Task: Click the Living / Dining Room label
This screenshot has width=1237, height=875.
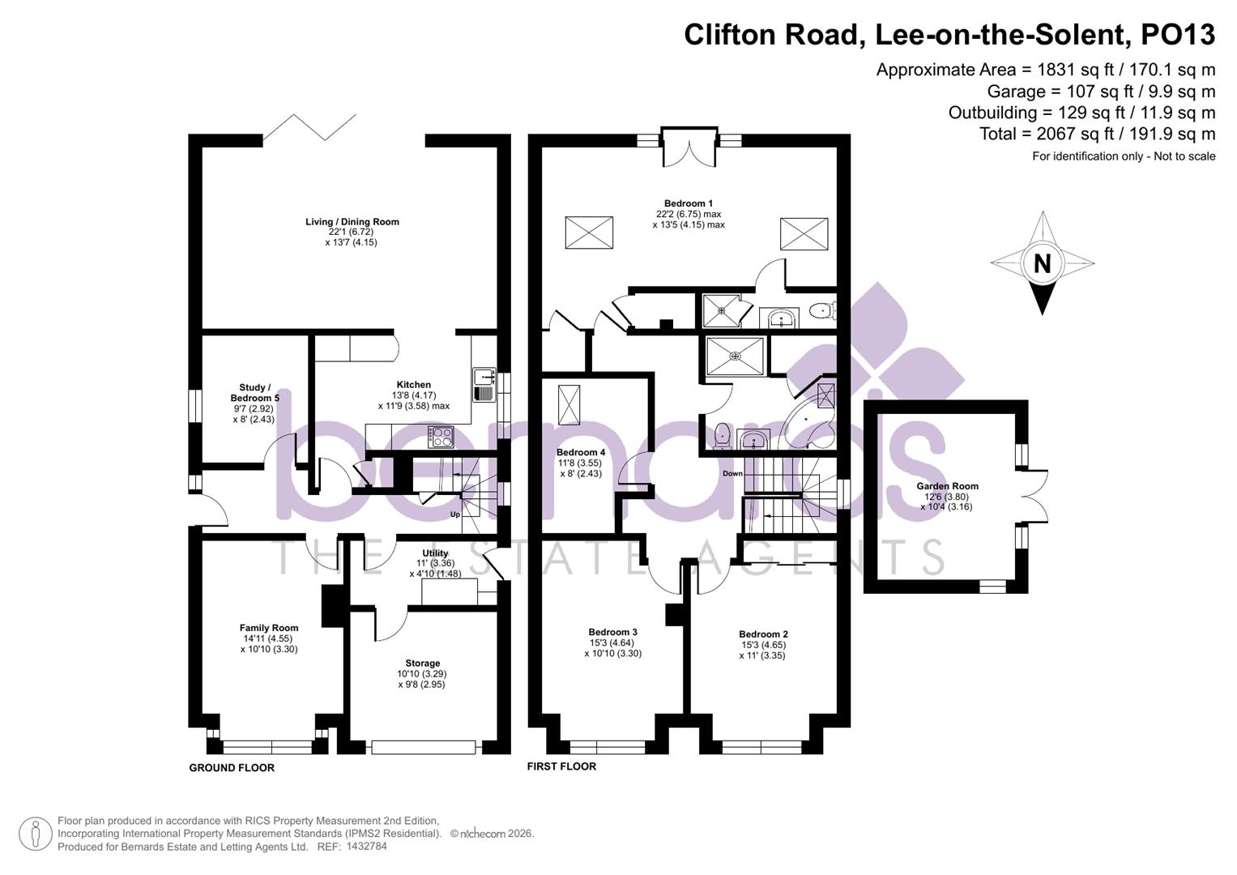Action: pos(352,222)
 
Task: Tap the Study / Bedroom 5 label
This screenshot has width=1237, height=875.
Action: pos(254,393)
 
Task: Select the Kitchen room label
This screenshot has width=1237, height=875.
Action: pos(413,385)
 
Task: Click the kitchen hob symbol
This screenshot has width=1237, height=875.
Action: pos(441,437)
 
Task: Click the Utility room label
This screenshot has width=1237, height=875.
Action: pos(435,553)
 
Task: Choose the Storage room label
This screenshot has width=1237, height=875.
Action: pos(422,663)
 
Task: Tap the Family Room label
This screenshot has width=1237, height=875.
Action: pos(269,628)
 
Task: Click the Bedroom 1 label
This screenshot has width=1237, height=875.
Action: pos(688,203)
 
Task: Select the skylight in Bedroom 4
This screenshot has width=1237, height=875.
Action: pos(569,404)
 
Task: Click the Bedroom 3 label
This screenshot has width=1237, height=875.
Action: pos(612,632)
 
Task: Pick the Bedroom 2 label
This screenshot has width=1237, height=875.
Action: pos(763,634)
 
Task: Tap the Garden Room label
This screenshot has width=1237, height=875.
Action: pos(947,486)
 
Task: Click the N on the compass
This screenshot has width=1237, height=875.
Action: pos(1042,263)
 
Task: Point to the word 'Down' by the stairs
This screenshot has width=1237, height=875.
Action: pos(732,473)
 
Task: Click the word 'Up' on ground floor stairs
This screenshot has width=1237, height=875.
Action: pos(455,514)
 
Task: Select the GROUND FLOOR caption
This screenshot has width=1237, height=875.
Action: pos(232,767)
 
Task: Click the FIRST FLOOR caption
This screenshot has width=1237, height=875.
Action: pos(561,766)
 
